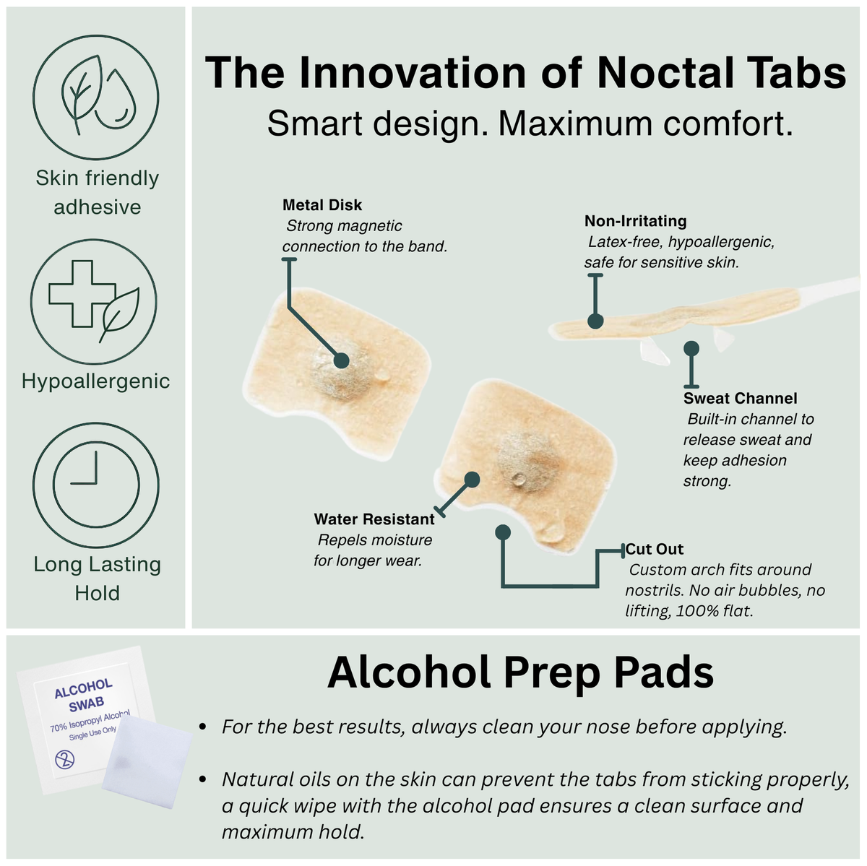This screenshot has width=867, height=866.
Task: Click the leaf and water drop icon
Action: pos(96,98)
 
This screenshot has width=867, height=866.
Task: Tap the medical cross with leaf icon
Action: pos(94,301)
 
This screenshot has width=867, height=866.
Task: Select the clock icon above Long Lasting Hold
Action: pos(96,485)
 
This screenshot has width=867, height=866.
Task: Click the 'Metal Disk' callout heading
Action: pos(322,204)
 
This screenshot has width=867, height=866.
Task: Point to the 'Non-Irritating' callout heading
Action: pos(635,221)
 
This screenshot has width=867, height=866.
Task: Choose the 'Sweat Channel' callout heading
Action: pos(740,398)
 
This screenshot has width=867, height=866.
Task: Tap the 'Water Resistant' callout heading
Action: pos(374,519)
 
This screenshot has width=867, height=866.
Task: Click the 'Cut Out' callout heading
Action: pos(654,549)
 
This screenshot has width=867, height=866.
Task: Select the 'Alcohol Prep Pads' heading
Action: pos(520,673)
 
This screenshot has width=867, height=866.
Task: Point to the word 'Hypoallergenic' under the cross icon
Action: pos(96,381)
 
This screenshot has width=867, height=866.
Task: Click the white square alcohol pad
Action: pos(147,761)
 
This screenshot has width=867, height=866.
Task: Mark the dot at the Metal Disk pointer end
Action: pos(342,360)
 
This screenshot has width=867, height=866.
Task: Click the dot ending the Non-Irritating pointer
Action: pos(595,321)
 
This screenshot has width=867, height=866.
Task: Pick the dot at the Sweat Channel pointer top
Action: pos(691,348)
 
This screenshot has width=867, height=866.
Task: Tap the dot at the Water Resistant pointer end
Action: pos(472,480)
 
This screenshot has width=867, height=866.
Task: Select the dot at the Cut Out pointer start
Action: pos(503,532)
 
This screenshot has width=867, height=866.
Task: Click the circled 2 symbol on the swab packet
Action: pos(65,760)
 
